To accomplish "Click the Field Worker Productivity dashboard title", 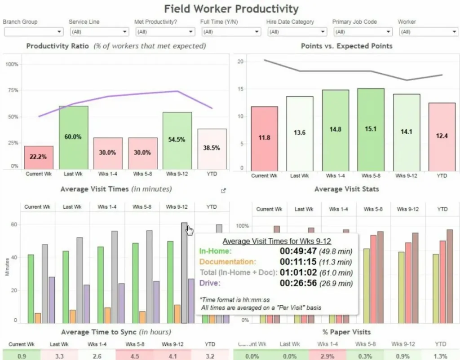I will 231,9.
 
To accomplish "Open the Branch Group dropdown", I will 34,32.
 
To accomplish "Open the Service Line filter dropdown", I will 100,32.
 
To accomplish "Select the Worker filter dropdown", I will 428,32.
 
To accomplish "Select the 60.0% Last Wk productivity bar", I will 73,137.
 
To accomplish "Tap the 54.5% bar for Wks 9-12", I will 177,140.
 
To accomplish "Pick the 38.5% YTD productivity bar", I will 212,149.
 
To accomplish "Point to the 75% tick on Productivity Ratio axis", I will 12,90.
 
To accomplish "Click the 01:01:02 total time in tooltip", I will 298,272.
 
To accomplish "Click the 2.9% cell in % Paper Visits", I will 339,355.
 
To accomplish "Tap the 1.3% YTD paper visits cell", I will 442,355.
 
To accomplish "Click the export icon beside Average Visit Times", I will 223,190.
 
